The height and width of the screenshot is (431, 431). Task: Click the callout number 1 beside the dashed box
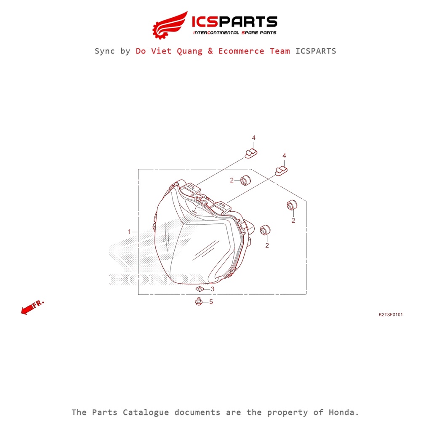129,232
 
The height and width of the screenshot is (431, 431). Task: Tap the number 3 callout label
213,289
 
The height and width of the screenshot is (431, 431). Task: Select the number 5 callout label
211,302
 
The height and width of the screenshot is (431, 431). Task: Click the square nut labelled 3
200,289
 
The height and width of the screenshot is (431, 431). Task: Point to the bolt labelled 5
199,301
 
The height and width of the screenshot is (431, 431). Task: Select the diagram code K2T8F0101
391,314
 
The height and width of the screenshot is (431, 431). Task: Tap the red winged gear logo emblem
170,25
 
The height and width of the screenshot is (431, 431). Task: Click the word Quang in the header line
189,51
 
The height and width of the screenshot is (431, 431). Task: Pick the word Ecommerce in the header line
241,51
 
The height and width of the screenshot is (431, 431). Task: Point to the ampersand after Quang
210,51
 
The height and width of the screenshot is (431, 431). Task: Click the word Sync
104,51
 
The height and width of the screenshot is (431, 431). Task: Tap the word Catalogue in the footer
146,412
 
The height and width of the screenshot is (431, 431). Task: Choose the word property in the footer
287,413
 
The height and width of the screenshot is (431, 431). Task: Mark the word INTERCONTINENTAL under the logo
216,33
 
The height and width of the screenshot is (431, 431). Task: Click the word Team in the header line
279,51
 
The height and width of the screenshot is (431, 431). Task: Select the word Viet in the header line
161,51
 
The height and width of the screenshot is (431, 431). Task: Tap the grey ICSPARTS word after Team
316,51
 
